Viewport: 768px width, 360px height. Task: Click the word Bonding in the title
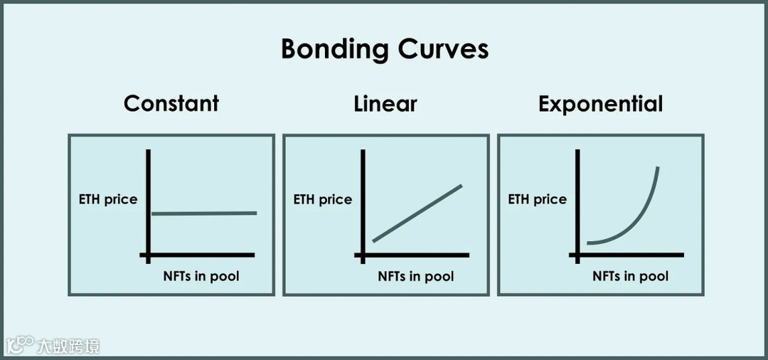coord(335,49)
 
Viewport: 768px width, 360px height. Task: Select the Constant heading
coord(171,103)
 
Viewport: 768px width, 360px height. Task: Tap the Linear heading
coord(385,104)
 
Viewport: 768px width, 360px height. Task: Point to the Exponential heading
coord(600,104)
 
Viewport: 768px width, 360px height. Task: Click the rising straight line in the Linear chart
coord(417,213)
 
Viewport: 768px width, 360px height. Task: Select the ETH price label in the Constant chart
coord(108,199)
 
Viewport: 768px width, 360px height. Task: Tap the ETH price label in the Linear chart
coord(323,199)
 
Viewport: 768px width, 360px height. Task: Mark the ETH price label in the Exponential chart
coord(537,199)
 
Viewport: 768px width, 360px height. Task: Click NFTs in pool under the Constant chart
coord(201,276)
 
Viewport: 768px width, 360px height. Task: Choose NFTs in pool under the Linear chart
coord(416,276)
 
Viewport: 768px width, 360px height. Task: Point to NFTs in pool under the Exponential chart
coord(631,276)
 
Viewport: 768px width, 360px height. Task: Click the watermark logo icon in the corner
coord(20,346)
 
